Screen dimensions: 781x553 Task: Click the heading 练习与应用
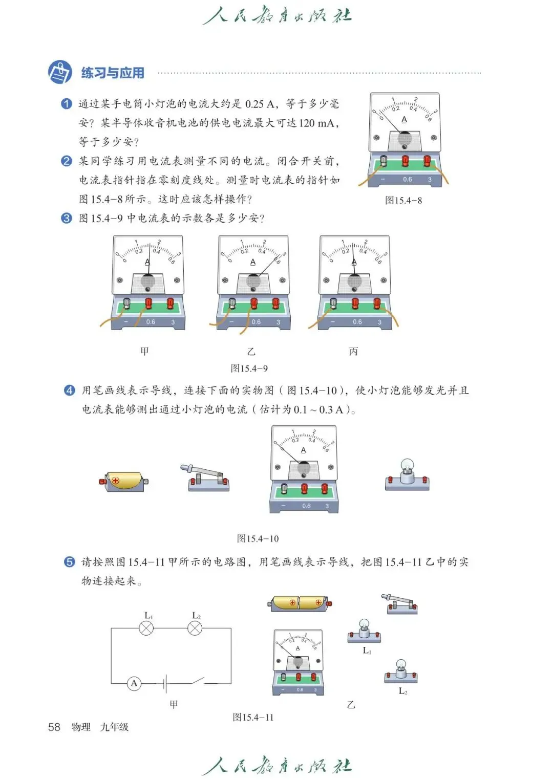(x=112, y=73)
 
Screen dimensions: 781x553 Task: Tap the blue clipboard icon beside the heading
(x=60, y=72)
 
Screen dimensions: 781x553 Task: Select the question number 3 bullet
(x=67, y=219)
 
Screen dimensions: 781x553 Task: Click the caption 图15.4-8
(x=403, y=201)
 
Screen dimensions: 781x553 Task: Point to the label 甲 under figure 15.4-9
(x=145, y=352)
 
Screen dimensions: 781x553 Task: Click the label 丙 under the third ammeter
(x=353, y=352)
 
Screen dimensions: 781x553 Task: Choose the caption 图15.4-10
(x=258, y=539)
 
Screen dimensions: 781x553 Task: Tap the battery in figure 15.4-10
(x=124, y=482)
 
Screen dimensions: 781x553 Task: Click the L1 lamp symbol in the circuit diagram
(x=146, y=628)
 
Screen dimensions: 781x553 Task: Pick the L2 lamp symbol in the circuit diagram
(x=195, y=628)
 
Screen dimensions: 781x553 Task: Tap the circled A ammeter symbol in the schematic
(x=134, y=683)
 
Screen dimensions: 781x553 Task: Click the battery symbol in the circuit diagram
(x=164, y=683)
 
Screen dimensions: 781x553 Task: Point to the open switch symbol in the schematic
(x=199, y=681)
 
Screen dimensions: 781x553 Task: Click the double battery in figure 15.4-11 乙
(x=300, y=603)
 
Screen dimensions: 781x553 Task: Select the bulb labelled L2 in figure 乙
(x=401, y=671)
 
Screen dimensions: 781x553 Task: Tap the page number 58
(x=54, y=727)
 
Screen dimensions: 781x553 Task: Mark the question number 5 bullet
(x=69, y=562)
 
